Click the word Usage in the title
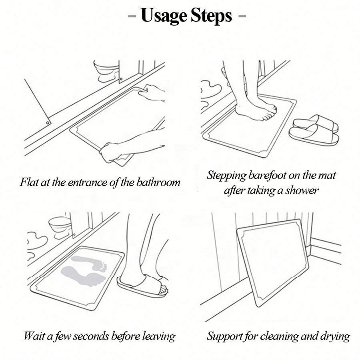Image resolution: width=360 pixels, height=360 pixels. (164, 16)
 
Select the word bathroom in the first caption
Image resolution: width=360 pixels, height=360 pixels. (158, 182)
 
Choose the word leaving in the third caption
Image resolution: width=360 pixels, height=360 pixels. (159, 336)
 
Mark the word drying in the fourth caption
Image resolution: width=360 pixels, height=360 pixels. (335, 337)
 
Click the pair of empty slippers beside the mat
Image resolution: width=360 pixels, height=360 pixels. (314, 130)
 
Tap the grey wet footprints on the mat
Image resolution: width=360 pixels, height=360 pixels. (84, 271)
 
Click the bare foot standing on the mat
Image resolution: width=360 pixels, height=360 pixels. (255, 109)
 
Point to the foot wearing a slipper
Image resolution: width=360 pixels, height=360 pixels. (142, 285)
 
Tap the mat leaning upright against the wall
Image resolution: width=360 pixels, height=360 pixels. (273, 262)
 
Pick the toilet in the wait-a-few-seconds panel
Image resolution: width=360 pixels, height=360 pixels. (60, 227)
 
